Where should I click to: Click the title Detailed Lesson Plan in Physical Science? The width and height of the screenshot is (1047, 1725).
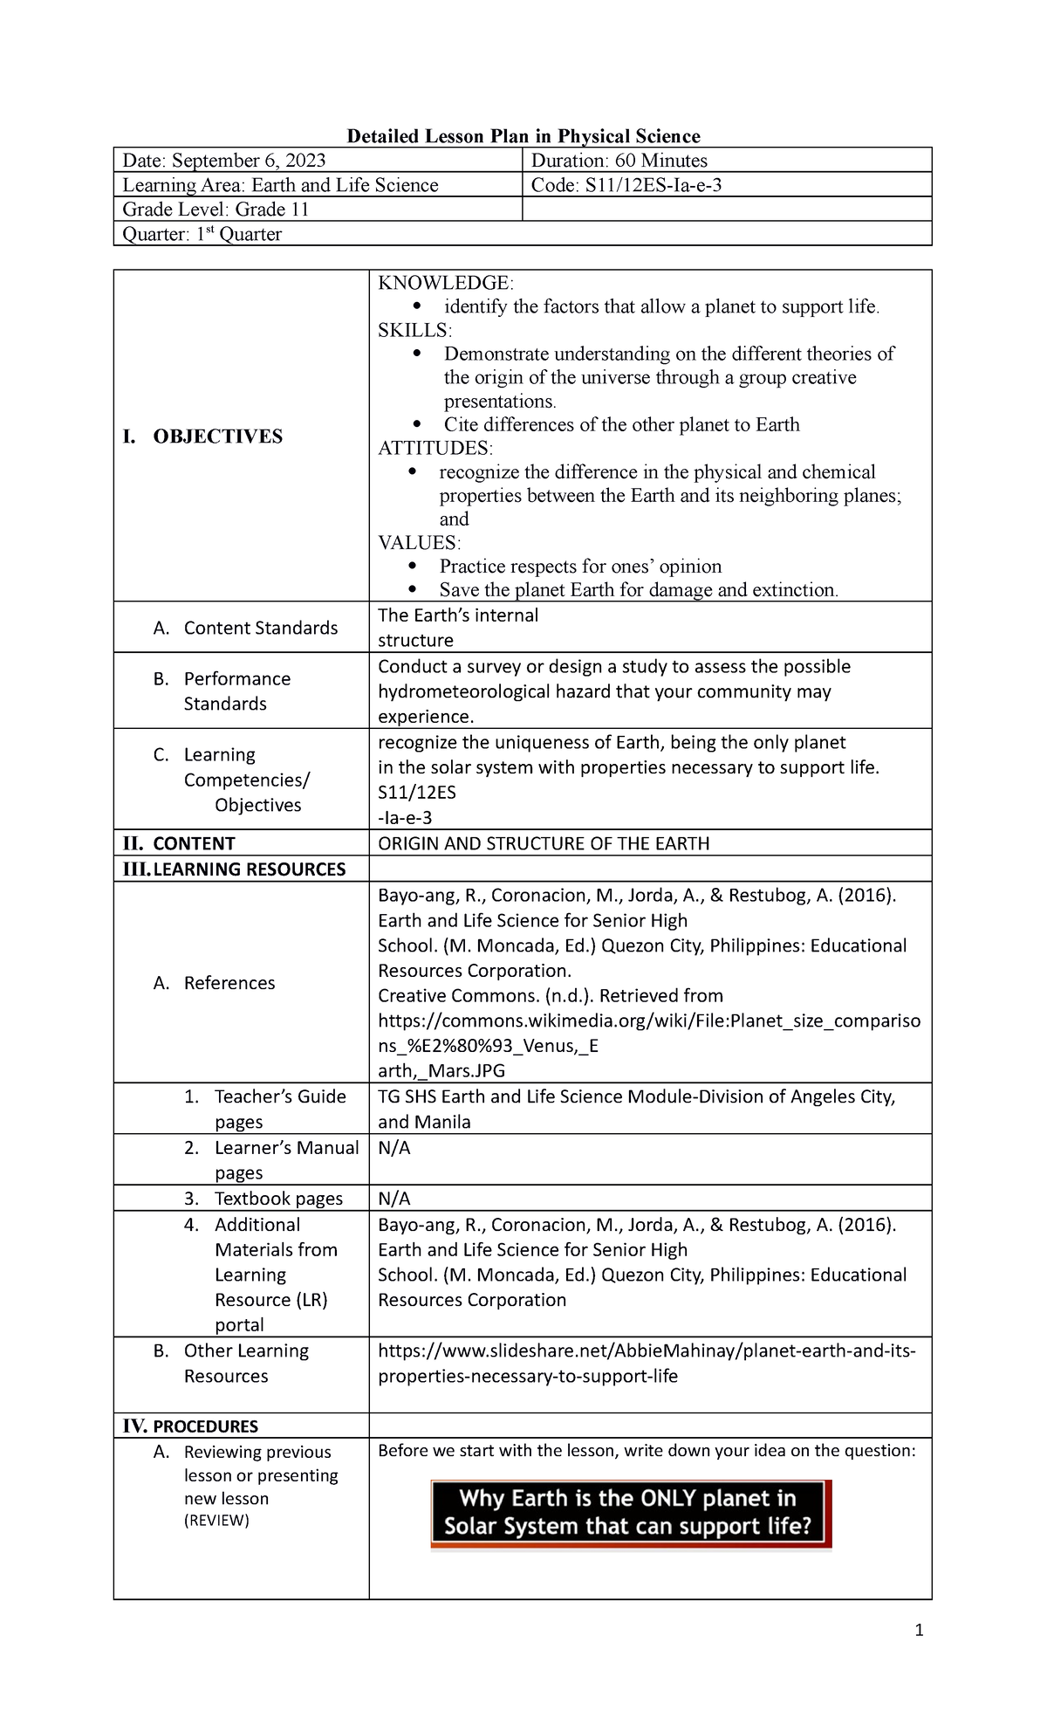coord(523,136)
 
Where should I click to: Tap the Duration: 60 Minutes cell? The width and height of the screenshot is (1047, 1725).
coord(619,161)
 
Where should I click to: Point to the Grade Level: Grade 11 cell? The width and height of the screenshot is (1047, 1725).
coord(216,210)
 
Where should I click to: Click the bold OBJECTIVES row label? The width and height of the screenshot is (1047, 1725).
coord(217,436)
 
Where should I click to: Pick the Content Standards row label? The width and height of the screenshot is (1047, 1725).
coord(260,629)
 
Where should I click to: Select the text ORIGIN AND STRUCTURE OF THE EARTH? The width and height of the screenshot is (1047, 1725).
coord(544,844)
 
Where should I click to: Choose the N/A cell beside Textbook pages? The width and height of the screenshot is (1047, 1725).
coord(394,1199)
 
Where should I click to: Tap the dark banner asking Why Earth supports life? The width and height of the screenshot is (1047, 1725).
coord(630,1513)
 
